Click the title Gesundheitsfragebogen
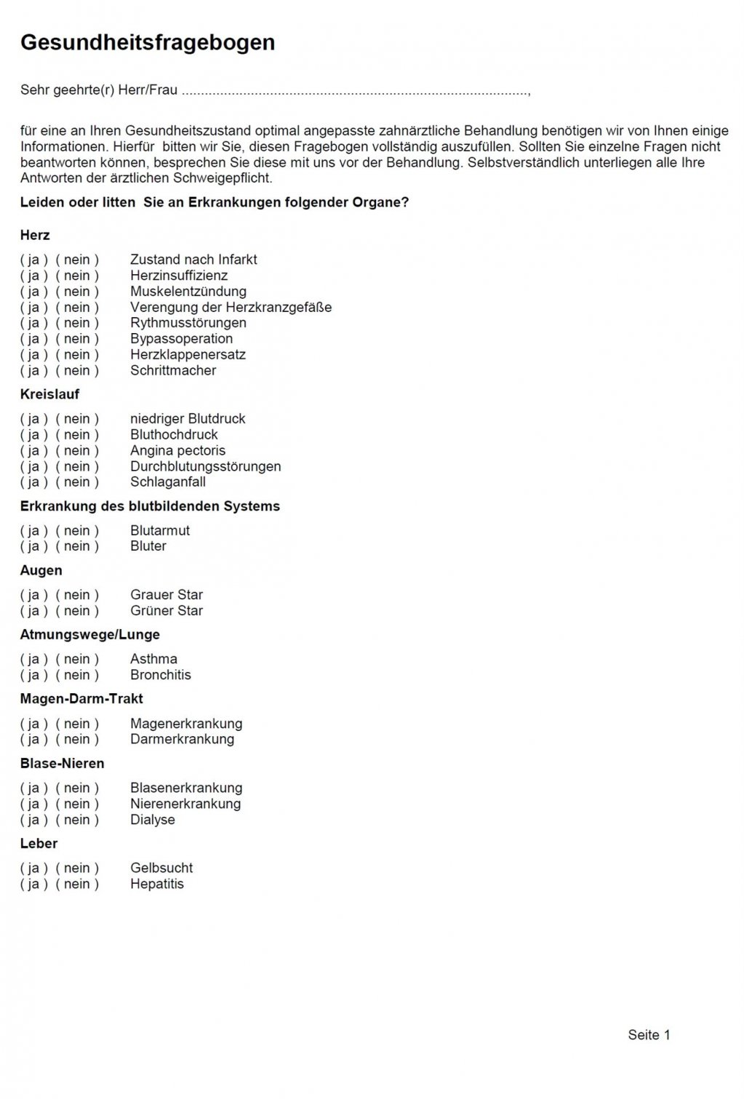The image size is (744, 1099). tap(148, 43)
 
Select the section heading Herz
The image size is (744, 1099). tap(35, 235)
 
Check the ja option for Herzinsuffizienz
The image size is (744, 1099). tap(33, 276)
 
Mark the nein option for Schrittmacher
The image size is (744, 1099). tap(76, 371)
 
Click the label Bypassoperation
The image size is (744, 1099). tap(181, 339)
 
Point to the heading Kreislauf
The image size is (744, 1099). tap(49, 394)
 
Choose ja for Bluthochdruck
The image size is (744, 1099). tap(33, 435)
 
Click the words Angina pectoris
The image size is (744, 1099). tap(177, 451)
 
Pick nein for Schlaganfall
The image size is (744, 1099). tap(76, 482)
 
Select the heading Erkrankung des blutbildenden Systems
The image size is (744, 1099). tap(150, 506)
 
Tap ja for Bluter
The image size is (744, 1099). tap(33, 546)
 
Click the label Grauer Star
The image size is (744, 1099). tap(167, 595)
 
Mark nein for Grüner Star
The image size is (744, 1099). tap(76, 611)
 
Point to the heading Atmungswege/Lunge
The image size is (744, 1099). tap(89, 635)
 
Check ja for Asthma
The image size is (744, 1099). tap(33, 659)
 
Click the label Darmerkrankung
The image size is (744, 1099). tap(182, 739)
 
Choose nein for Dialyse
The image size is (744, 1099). tap(76, 820)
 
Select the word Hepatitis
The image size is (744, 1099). tap(157, 884)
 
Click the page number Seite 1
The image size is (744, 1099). tap(649, 1035)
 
